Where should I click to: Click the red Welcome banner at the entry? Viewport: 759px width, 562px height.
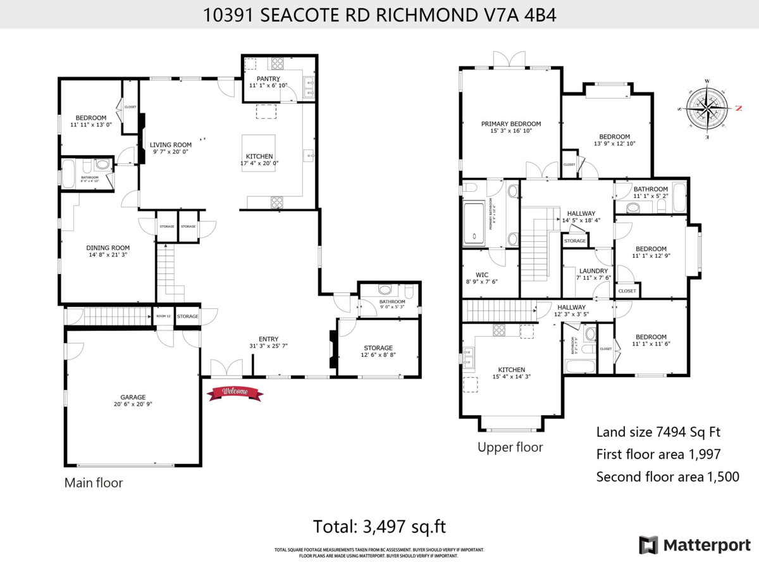coord(235,392)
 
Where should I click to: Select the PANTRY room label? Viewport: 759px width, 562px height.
coord(268,78)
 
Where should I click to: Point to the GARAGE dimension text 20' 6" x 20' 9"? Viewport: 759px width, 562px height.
coord(133,406)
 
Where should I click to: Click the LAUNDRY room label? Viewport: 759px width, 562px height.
coord(593,271)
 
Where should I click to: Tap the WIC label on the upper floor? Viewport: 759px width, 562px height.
coord(482,275)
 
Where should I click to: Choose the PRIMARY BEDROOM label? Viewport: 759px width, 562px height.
coord(510,123)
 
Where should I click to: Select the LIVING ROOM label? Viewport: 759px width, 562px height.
coord(170,144)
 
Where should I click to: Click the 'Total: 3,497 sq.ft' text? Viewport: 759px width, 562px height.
coord(379,526)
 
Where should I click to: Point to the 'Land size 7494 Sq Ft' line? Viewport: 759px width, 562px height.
coord(658,432)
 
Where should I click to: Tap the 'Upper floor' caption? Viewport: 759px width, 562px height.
coord(510,447)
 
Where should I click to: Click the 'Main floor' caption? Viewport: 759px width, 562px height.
coord(94,483)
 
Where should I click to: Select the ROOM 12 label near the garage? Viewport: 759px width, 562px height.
coord(164,316)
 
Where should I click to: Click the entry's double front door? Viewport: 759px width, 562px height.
coord(226,369)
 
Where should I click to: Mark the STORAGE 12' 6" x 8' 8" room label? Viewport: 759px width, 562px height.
coord(378,347)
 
